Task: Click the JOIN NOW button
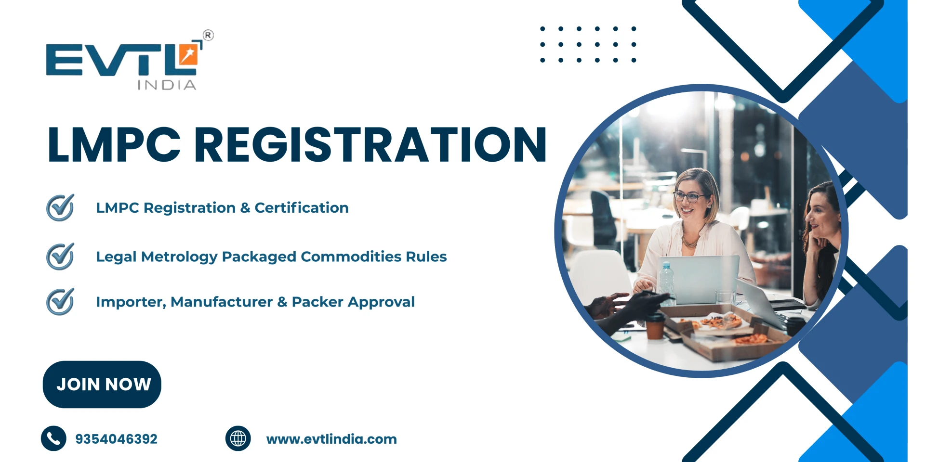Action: tap(102, 384)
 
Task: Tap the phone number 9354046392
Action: tap(116, 439)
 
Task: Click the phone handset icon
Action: tap(53, 438)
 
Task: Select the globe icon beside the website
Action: tap(238, 438)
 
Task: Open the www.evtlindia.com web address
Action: tap(331, 439)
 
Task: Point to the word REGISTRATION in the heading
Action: tap(370, 144)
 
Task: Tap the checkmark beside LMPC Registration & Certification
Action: tap(60, 207)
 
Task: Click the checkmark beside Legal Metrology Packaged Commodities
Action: tap(60, 256)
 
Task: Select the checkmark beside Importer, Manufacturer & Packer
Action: tap(60, 301)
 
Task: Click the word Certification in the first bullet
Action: tap(301, 207)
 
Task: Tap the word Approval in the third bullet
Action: tap(381, 302)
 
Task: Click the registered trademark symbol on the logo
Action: tap(208, 35)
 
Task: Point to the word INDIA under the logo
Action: tap(167, 85)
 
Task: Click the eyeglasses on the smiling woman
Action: tap(689, 196)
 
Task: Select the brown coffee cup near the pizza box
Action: tap(655, 326)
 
